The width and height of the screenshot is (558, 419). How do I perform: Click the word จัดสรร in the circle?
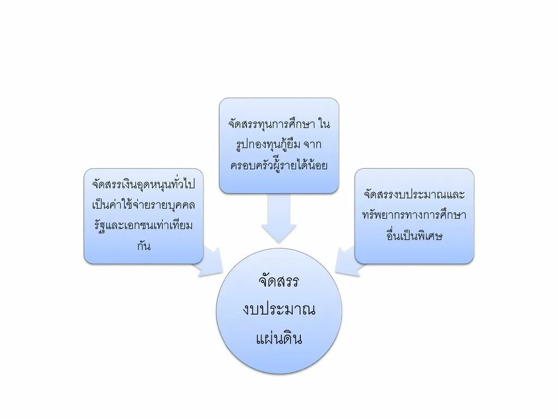pyautogui.click(x=279, y=282)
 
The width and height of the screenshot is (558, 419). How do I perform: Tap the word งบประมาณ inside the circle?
pyautogui.click(x=279, y=310)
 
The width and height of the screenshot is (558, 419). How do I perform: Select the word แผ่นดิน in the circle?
pyautogui.click(x=279, y=339)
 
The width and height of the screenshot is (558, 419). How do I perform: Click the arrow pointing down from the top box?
pyautogui.click(x=278, y=218)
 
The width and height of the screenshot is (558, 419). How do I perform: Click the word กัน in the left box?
pyautogui.click(x=144, y=246)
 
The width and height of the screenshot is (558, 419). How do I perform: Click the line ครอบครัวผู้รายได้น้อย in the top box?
pyautogui.click(x=279, y=165)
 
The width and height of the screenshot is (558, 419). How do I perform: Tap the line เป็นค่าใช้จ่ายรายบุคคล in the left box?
pyautogui.click(x=144, y=206)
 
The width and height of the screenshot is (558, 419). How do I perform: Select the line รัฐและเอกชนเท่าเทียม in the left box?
pyautogui.click(x=144, y=226)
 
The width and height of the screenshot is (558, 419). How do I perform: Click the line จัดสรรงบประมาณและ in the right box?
pyautogui.click(x=414, y=195)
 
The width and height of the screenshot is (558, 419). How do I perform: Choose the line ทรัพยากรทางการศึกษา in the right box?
pyautogui.click(x=414, y=215)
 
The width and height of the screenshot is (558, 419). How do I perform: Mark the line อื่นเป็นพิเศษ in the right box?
pyautogui.click(x=414, y=236)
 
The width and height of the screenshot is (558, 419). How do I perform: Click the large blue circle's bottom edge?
pyautogui.click(x=279, y=373)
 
